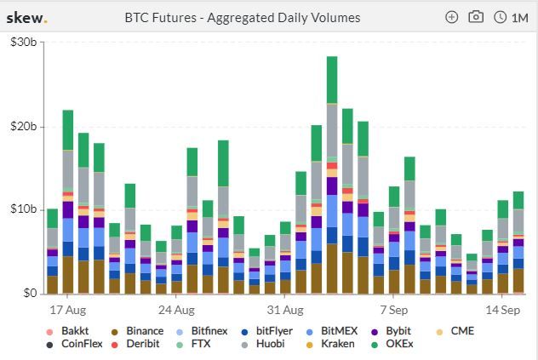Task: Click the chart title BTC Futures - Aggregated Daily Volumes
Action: (x=243, y=17)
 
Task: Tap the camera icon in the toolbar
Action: (x=476, y=17)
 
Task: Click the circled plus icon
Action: (x=452, y=17)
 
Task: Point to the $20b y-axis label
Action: (x=21, y=127)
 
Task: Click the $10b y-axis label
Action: (x=21, y=209)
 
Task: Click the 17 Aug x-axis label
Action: (x=68, y=310)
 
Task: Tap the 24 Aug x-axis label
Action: (x=177, y=310)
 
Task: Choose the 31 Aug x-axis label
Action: (x=285, y=310)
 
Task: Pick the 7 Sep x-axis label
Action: (x=395, y=310)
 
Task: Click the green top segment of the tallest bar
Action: (x=332, y=80)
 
